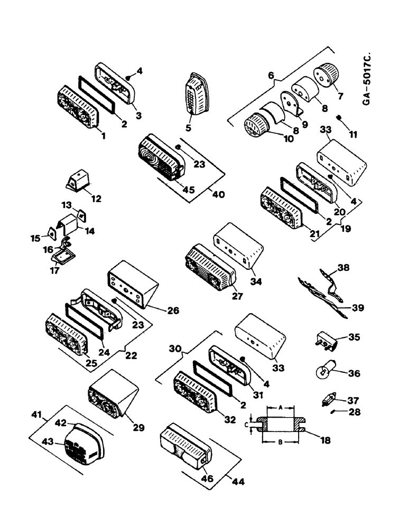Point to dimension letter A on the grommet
tap(282, 408)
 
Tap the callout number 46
tap(205, 478)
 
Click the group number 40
tap(217, 194)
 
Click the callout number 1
tap(103, 136)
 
